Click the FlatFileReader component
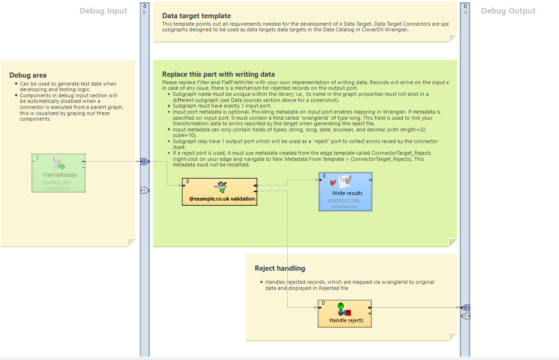coord(58,173)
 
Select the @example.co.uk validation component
coord(219,192)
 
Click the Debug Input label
coord(103,11)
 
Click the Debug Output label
coord(508,11)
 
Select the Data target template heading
coord(196,16)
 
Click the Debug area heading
coord(28,75)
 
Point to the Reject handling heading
coord(280,268)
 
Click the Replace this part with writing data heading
coord(218,74)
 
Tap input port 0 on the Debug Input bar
coord(145,161)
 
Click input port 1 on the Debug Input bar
coord(145,190)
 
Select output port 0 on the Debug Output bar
coord(465,308)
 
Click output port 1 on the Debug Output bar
coord(465,317)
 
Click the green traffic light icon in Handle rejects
coord(341,307)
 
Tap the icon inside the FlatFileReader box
coord(59,164)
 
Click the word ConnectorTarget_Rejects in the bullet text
coord(400,153)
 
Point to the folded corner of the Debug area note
coord(131,242)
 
